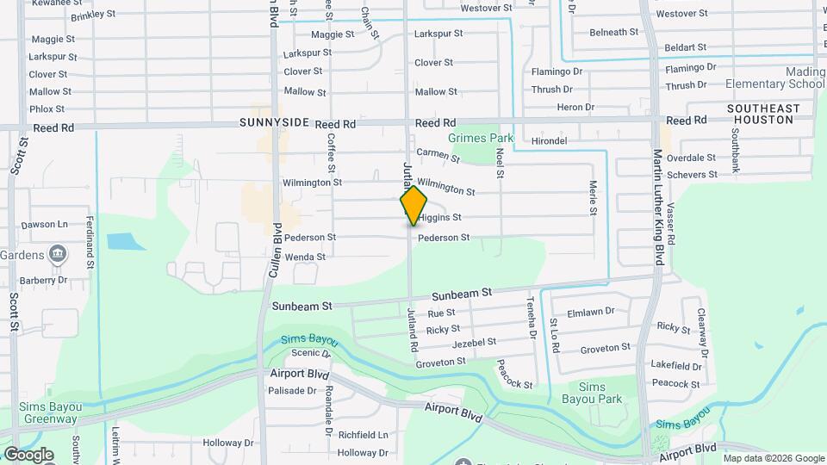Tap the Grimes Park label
click(x=481, y=138)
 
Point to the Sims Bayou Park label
click(x=600, y=393)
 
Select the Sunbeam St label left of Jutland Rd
click(x=302, y=306)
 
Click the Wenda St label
click(x=305, y=257)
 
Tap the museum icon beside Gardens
click(x=58, y=253)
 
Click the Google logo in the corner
click(x=28, y=455)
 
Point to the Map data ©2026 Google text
click(x=774, y=458)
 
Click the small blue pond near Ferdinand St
click(x=127, y=241)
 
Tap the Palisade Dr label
click(x=292, y=390)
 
